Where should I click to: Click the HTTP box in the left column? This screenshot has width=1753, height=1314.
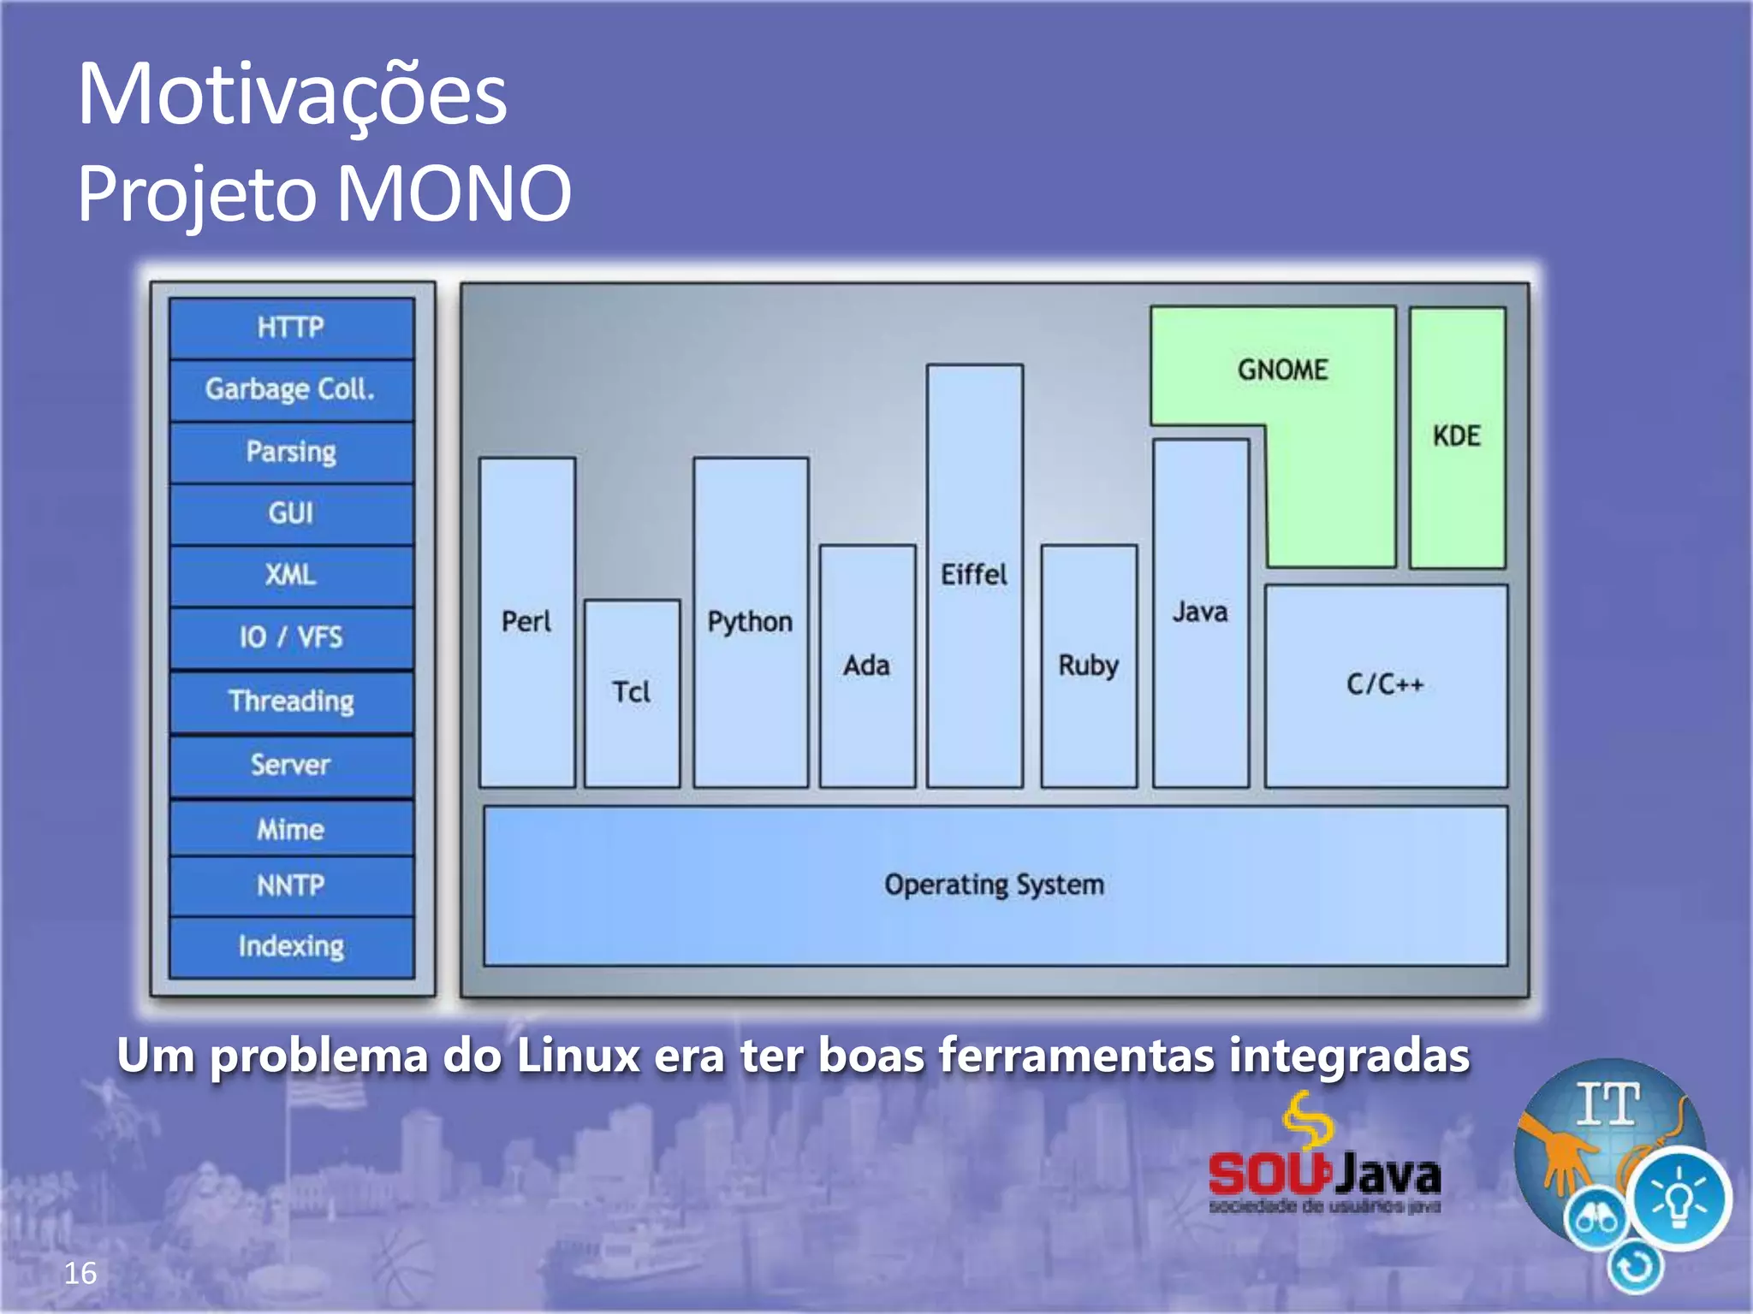(x=291, y=328)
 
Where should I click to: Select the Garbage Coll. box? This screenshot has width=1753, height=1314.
(x=291, y=390)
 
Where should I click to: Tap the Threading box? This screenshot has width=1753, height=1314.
(x=291, y=701)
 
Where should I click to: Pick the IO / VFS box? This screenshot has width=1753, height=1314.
(x=291, y=637)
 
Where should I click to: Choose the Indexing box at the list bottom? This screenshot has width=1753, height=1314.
(x=291, y=946)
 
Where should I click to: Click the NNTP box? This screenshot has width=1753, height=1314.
(x=291, y=885)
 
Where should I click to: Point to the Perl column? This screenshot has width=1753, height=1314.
(x=526, y=622)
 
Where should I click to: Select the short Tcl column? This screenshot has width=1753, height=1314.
(x=632, y=692)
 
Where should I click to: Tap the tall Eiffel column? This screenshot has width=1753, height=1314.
(x=974, y=575)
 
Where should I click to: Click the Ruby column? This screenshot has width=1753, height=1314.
(x=1089, y=666)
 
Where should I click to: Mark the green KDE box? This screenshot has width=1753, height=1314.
(x=1457, y=436)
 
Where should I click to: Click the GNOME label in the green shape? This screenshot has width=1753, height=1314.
(x=1282, y=370)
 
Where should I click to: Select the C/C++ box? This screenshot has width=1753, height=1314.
(x=1386, y=684)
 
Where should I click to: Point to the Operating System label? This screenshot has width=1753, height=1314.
(x=995, y=885)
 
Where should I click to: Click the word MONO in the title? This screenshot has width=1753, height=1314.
(x=454, y=194)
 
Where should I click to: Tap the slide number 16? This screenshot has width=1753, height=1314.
(x=80, y=1273)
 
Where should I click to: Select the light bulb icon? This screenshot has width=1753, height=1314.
(x=1679, y=1198)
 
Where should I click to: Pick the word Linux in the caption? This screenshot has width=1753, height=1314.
(x=578, y=1055)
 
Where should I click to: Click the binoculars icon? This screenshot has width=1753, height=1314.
(x=1596, y=1218)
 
